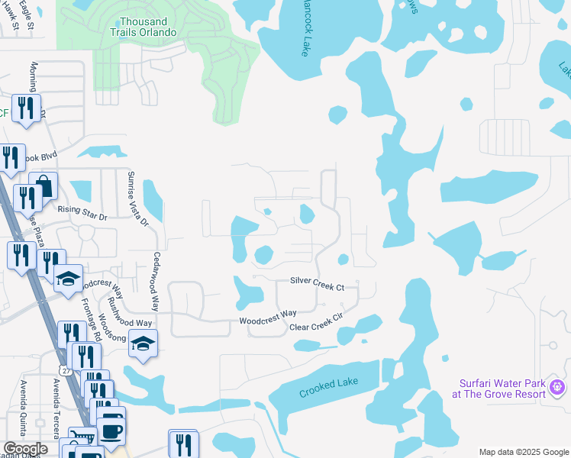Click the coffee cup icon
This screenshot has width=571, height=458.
coord(111,430)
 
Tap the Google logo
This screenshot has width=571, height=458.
coord(25,449)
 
